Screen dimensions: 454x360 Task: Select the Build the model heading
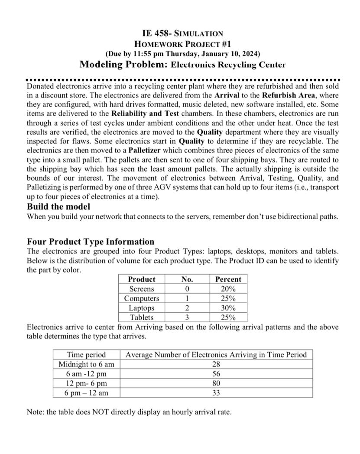click(58, 207)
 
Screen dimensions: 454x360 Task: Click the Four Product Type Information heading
click(90, 242)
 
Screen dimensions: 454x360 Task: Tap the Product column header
click(141, 279)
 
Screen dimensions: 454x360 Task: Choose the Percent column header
click(228, 279)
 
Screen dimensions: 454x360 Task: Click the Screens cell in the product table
click(141, 289)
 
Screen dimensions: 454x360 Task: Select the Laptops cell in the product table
click(141, 308)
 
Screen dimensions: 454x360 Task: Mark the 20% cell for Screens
click(228, 289)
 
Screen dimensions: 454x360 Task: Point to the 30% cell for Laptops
click(228, 308)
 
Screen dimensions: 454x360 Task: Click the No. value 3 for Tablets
click(186, 317)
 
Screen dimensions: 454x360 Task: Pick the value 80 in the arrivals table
click(216, 383)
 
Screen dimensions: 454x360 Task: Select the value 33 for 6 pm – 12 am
click(216, 393)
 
